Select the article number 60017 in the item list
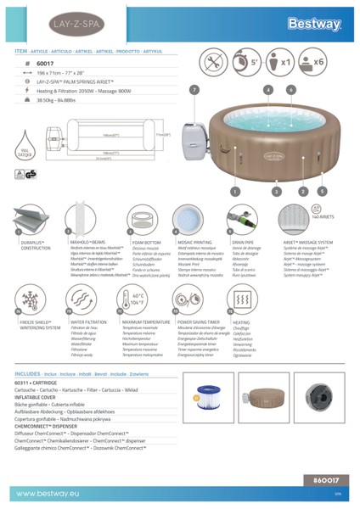(x=47, y=62)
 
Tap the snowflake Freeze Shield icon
(x=25, y=303)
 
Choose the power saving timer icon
(x=190, y=303)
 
